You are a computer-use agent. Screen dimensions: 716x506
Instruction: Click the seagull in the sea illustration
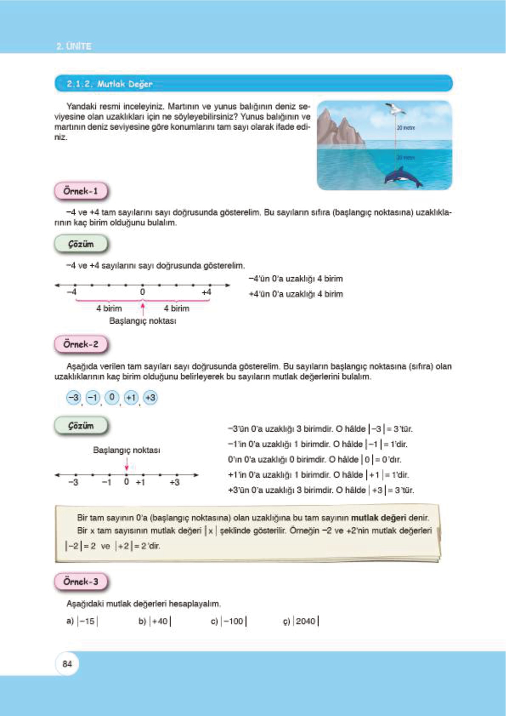(x=395, y=109)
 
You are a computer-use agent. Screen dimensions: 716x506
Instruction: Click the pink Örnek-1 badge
(x=81, y=191)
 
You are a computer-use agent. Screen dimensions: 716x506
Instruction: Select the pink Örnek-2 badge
(x=81, y=344)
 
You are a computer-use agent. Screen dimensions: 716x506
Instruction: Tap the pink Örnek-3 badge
(x=81, y=582)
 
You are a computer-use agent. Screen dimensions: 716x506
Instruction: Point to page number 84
(x=67, y=664)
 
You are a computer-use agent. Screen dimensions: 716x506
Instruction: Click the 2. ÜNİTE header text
(x=74, y=46)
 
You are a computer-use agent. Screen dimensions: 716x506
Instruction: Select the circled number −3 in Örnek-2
(x=73, y=398)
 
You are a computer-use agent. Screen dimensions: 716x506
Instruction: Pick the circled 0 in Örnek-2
(x=112, y=397)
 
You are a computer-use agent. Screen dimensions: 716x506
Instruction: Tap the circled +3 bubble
(x=150, y=398)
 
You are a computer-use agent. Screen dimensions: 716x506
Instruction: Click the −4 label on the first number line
(x=72, y=292)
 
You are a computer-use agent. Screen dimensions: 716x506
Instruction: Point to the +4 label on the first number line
(x=206, y=292)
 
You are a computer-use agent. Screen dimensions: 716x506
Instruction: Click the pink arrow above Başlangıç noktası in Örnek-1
(x=143, y=308)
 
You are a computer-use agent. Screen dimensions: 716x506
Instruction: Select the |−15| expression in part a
(x=88, y=621)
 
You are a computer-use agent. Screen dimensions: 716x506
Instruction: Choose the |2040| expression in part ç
(x=306, y=621)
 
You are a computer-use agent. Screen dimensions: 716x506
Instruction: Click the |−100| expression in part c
(x=234, y=621)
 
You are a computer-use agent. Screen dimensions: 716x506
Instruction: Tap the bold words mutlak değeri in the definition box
(x=378, y=518)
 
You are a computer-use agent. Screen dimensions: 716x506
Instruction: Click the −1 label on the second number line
(x=106, y=483)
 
